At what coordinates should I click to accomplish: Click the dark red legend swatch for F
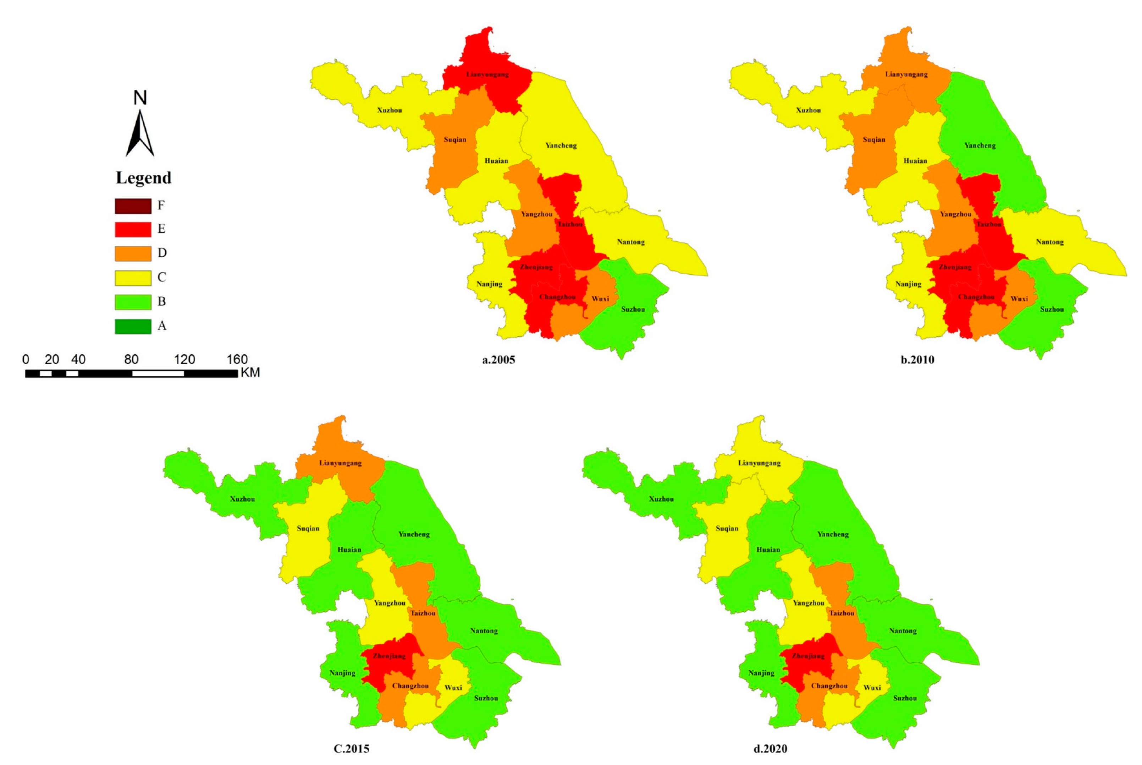(133, 206)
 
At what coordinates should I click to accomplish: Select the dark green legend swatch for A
(133, 326)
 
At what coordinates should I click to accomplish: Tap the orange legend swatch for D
(133, 254)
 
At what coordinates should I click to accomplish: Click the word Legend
(143, 177)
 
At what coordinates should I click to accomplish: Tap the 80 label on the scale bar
(131, 360)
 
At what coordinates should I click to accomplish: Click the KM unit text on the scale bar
(250, 373)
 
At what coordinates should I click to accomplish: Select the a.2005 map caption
(498, 360)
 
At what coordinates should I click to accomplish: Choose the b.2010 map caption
(917, 360)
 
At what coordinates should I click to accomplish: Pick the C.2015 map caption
(351, 748)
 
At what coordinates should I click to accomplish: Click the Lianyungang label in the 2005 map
(487, 75)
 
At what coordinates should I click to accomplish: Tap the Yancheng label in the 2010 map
(980, 146)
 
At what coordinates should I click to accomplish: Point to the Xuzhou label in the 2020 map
(661, 499)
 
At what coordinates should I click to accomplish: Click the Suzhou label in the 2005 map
(633, 309)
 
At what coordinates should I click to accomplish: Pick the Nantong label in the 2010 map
(1050, 242)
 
